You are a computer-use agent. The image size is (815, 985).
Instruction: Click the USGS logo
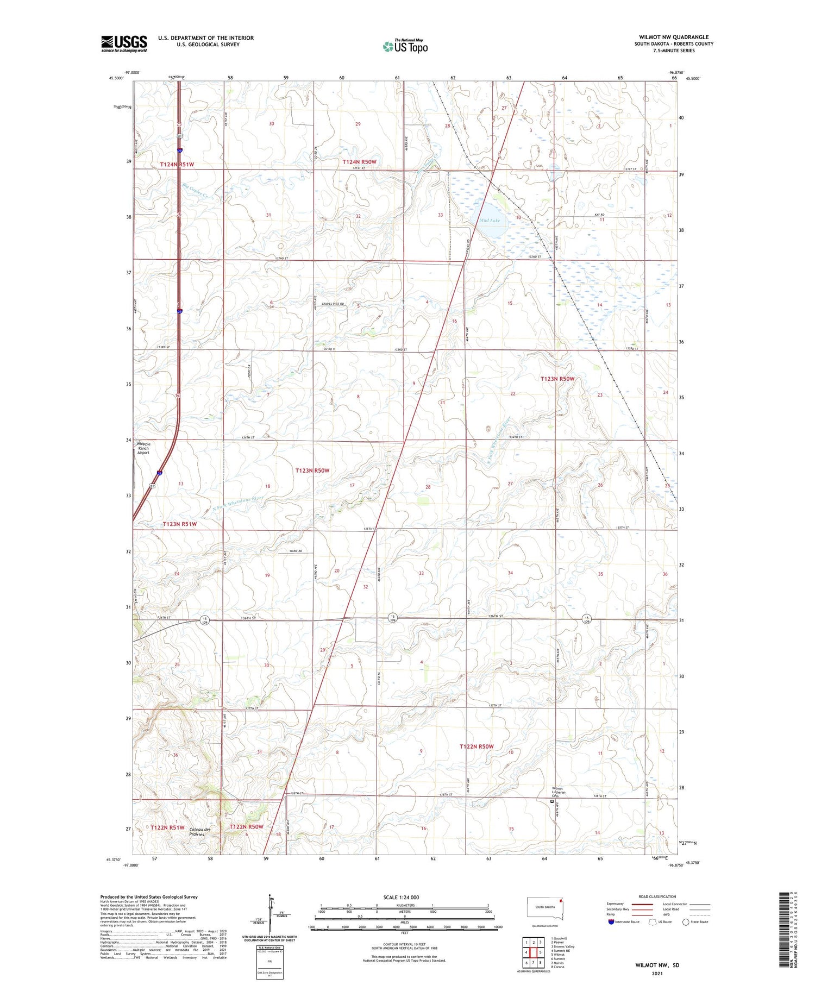pos(124,43)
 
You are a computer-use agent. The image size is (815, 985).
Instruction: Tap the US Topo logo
pos(405,47)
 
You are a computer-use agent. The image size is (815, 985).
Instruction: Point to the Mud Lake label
pos(490,221)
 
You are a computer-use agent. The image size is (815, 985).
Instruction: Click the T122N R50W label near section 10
pos(477,746)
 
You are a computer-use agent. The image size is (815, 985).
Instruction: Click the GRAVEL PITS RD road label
pos(333,304)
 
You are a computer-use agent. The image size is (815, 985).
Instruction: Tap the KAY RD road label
pos(599,215)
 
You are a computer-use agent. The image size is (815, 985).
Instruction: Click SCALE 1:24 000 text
pos(401,898)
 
